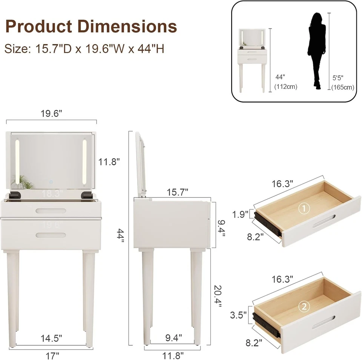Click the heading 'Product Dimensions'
(91, 26)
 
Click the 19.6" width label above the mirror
(52, 114)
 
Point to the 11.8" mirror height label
(109, 162)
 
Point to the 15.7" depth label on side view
(177, 192)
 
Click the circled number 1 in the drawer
(304, 208)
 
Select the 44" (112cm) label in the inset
(285, 82)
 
